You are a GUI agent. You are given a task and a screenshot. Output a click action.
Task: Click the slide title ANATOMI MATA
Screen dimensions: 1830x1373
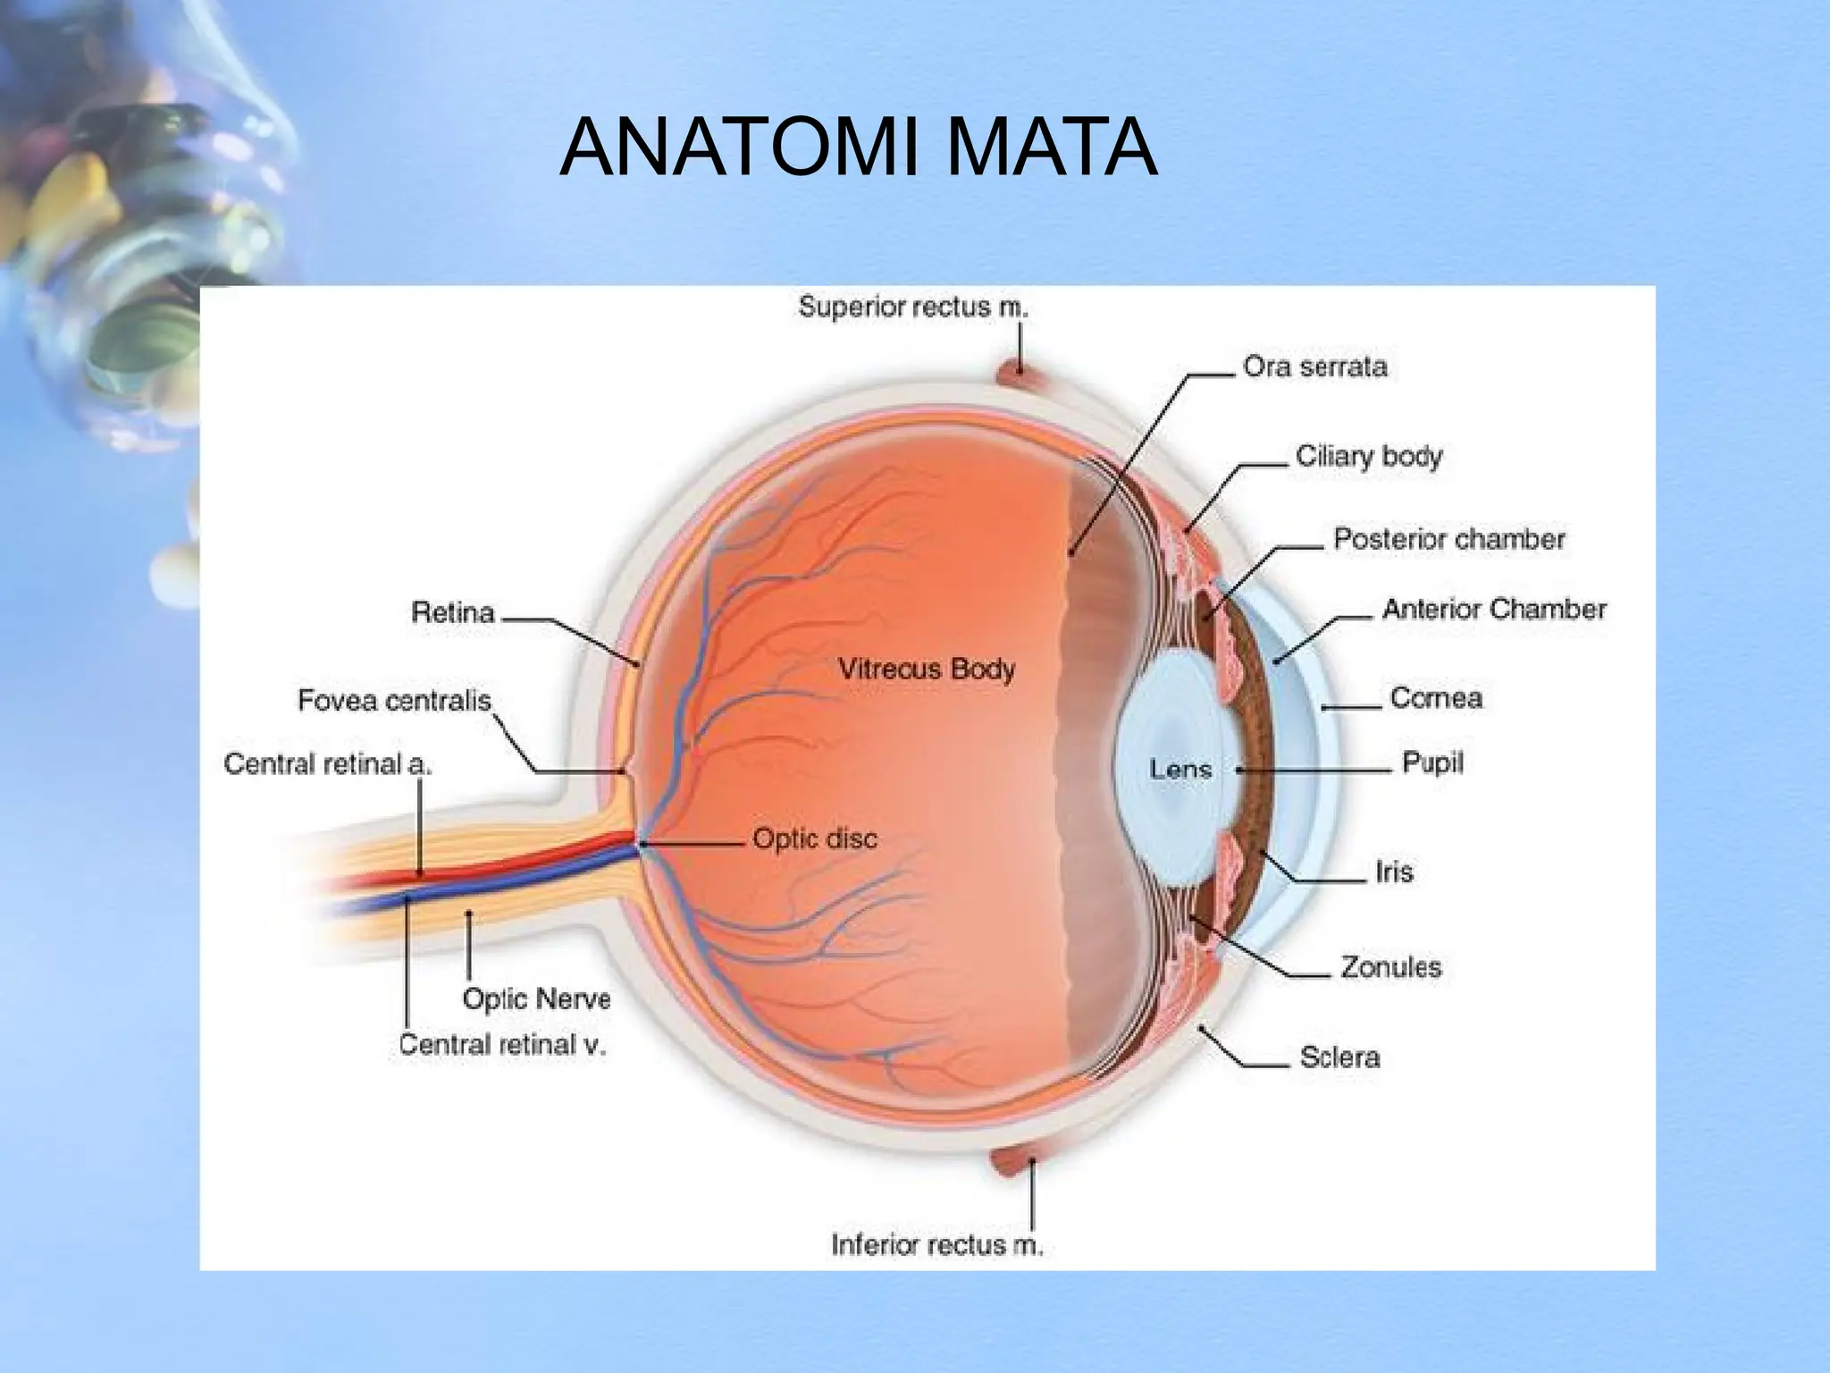pyautogui.click(x=858, y=147)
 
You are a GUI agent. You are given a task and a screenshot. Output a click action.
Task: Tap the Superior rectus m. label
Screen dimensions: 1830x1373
pyautogui.click(x=913, y=307)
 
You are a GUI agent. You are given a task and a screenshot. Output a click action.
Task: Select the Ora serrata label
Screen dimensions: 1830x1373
pyautogui.click(x=1315, y=366)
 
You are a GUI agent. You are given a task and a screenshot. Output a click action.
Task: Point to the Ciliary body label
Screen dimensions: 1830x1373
pyautogui.click(x=1369, y=457)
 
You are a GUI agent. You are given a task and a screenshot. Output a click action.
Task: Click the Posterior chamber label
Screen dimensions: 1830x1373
pyautogui.click(x=1449, y=539)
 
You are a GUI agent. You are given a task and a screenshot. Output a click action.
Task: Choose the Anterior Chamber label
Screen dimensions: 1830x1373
pyautogui.click(x=1494, y=610)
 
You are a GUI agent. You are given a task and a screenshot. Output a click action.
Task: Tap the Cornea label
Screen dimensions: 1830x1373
pyautogui.click(x=1436, y=698)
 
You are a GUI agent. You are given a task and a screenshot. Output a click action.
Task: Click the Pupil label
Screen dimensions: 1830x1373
pyautogui.click(x=1432, y=763)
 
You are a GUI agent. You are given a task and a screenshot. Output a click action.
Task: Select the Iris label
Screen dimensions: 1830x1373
pyautogui.click(x=1394, y=871)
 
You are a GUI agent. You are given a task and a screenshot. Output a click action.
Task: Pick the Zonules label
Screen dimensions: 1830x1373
pyautogui.click(x=1391, y=966)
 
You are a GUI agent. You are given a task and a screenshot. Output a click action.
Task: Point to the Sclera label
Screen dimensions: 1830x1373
pyautogui.click(x=1339, y=1057)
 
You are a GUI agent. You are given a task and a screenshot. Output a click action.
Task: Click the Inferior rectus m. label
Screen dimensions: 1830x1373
pyautogui.click(x=937, y=1245)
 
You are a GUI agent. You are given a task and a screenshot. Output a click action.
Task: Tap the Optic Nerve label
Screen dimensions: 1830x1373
pyautogui.click(x=536, y=999)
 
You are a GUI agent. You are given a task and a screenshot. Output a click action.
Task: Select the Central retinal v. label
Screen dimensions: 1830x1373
pyautogui.click(x=502, y=1045)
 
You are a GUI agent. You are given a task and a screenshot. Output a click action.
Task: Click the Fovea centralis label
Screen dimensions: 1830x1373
pyautogui.click(x=394, y=700)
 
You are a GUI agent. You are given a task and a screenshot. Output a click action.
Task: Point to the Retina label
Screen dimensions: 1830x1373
pyautogui.click(x=452, y=612)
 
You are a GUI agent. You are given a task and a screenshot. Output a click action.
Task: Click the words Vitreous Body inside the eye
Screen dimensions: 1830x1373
pyautogui.click(x=927, y=670)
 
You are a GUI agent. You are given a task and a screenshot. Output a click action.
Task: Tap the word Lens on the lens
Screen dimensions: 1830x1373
pyautogui.click(x=1179, y=769)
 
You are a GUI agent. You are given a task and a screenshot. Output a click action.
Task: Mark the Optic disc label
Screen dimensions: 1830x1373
pyautogui.click(x=815, y=839)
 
